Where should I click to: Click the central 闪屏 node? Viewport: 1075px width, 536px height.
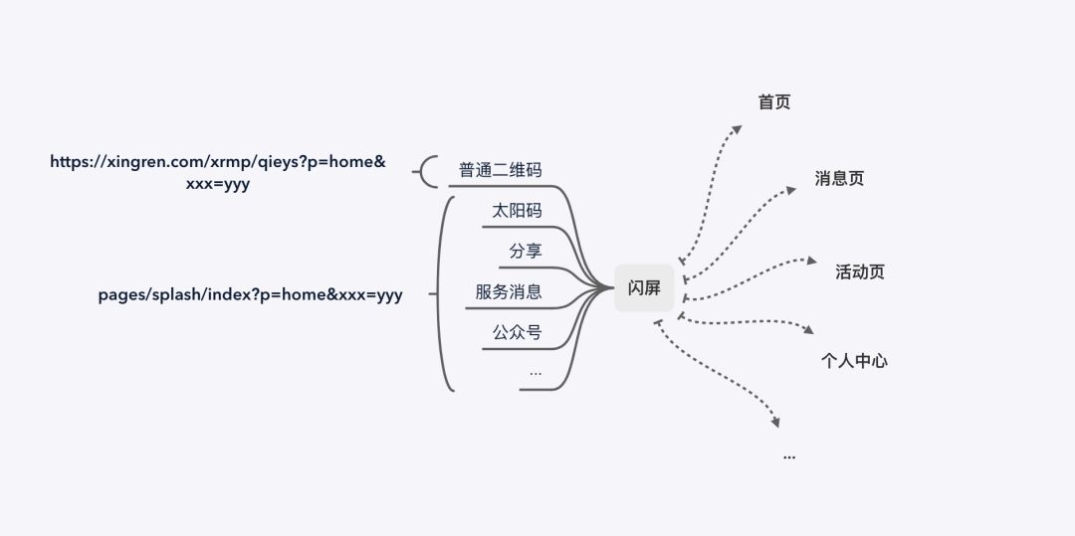(644, 288)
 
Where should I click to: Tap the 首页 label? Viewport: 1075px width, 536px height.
(773, 102)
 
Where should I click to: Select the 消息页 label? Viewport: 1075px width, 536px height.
(839, 179)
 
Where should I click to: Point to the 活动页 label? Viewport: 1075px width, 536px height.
(860, 271)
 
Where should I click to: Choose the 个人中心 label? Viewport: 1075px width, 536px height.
(853, 361)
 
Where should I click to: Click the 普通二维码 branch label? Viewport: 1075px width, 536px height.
(501, 170)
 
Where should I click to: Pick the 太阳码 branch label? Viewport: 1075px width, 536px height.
(517, 211)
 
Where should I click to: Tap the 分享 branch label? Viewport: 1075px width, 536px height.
(526, 252)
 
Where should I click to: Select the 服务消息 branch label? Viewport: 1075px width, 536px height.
(509, 292)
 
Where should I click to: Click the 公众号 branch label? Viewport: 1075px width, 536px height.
(517, 332)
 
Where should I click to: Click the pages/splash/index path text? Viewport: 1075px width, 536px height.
(250, 294)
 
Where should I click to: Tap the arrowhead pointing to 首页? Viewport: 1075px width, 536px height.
(737, 128)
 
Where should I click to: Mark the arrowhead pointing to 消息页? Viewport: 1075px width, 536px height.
(791, 189)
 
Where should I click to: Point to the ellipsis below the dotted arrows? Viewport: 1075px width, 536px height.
(789, 455)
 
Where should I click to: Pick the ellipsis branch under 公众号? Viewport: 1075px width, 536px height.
(536, 373)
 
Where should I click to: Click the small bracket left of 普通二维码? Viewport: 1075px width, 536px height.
(426, 171)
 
